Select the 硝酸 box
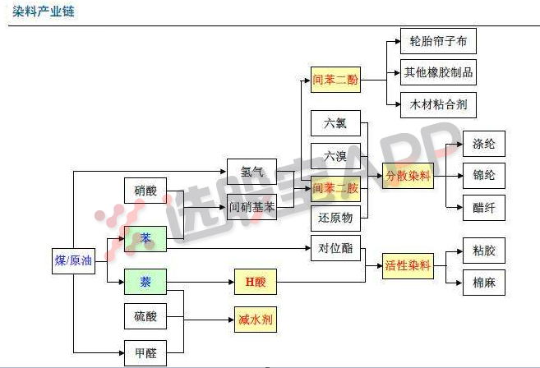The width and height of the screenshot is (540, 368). coord(145,191)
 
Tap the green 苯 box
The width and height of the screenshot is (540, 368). coord(145,238)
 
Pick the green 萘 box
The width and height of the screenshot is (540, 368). coord(145,283)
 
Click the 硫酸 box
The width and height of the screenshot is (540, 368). coord(145,315)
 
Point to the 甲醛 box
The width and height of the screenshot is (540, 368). coord(145,352)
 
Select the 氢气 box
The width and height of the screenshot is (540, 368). coord(252,172)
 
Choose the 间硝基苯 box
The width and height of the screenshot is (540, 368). coord(252,208)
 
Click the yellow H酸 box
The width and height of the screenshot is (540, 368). coord(256,282)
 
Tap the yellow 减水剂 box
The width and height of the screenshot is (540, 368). coord(256,319)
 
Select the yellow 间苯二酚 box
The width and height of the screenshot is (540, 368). coord(335,80)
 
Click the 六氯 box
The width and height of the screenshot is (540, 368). coord(335,123)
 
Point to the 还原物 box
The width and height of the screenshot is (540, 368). coord(335,217)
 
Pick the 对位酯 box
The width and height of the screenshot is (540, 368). coord(335,247)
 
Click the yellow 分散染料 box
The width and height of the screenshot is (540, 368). coord(408,175)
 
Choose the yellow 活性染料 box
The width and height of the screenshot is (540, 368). coord(408,265)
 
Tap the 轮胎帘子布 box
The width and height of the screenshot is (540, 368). coord(438,41)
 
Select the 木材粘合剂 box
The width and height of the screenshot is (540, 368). coord(438,104)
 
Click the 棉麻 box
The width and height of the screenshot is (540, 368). coord(483,282)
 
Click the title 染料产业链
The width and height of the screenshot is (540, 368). coord(44,11)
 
